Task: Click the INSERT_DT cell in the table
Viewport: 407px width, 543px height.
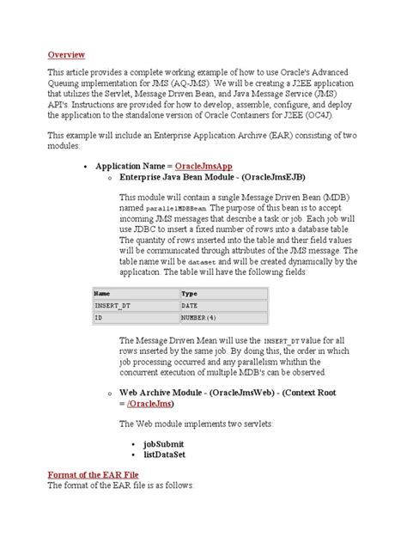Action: pos(112,305)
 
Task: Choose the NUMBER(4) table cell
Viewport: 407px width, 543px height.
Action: pos(198,318)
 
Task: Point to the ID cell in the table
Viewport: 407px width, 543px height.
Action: pos(99,318)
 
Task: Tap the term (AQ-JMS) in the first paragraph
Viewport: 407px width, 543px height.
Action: pos(205,84)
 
